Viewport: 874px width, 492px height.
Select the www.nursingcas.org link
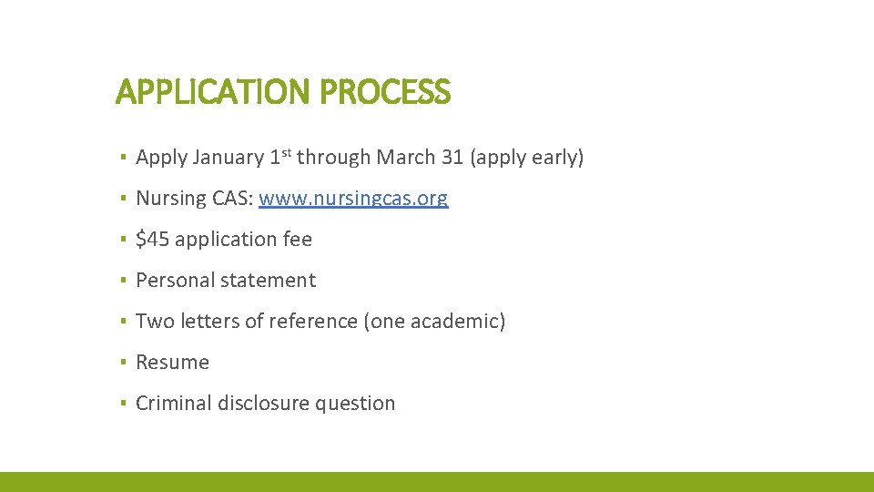pyautogui.click(x=353, y=199)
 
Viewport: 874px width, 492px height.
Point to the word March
pyautogui.click(x=404, y=158)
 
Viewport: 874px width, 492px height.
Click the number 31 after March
pyautogui.click(x=452, y=158)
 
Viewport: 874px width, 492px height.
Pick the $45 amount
pyautogui.click(x=152, y=240)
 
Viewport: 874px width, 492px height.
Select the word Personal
pyautogui.click(x=173, y=281)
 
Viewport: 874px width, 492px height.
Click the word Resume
pyautogui.click(x=172, y=363)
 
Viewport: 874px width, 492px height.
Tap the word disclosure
pyautogui.click(x=265, y=404)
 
